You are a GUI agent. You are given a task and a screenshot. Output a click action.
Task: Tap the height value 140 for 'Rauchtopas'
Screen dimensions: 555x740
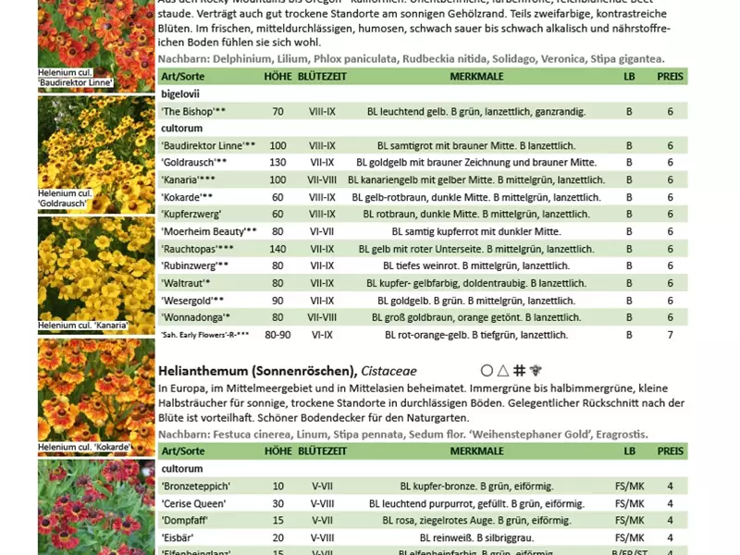277,249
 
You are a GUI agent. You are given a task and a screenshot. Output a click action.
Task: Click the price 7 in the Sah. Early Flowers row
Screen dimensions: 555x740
671,335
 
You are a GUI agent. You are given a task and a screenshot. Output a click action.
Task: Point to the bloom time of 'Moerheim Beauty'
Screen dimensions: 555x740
323,231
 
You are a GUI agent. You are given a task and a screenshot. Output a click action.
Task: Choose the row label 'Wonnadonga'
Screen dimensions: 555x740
189,317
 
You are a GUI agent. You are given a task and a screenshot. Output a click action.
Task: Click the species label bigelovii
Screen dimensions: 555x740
180,94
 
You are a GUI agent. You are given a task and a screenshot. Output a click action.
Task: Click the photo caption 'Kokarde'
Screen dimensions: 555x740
84,448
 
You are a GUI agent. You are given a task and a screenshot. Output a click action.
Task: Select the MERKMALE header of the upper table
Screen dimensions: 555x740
476,75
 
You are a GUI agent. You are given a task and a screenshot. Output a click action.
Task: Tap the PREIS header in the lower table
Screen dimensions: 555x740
671,450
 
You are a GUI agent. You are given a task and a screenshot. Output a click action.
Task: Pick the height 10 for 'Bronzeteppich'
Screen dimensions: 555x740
277,486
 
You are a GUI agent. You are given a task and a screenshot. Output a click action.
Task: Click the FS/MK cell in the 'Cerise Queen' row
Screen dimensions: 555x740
630,503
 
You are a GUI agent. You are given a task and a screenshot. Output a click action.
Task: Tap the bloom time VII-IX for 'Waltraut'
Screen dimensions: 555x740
323,283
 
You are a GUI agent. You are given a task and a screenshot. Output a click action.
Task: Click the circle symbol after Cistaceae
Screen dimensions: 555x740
487,370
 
